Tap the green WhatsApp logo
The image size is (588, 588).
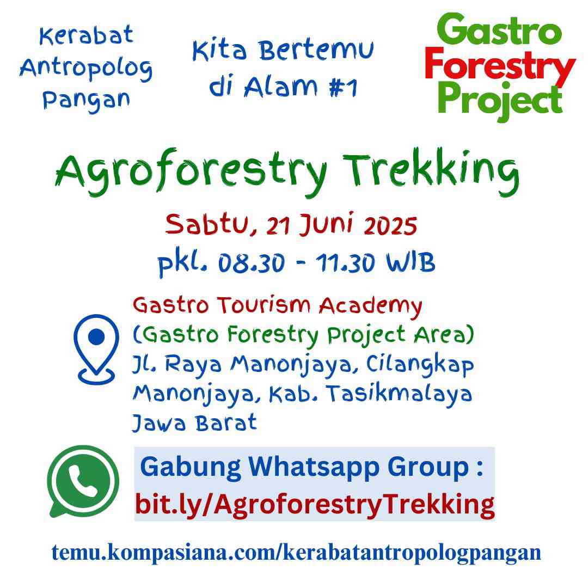tap(83, 481)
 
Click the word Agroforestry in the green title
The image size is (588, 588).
tap(191, 172)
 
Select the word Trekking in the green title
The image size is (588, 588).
tap(431, 171)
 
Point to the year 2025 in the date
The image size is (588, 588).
tap(390, 226)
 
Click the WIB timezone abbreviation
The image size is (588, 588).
tap(411, 262)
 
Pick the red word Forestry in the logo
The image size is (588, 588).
tap(500, 66)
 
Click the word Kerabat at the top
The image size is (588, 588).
tap(86, 35)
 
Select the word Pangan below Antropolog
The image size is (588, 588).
tap(86, 101)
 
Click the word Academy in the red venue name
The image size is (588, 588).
tap(371, 307)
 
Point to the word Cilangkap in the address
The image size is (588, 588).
tap(420, 365)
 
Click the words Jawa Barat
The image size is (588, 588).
tap(194, 422)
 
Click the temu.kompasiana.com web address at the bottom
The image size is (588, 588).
tap(296, 553)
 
